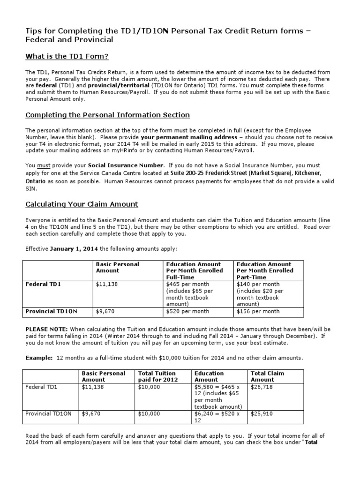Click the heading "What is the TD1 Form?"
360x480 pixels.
pos(67,57)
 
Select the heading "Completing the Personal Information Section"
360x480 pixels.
pos(107,115)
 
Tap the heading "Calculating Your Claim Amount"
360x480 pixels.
pos(82,204)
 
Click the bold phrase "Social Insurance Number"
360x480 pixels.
pos(126,165)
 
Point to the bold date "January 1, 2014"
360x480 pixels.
pos(74,248)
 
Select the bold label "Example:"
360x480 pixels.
pos(39,358)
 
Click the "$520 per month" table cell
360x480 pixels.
pos(187,311)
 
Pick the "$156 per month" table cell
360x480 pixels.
pos(258,311)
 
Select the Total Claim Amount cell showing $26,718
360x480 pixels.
pos(262,387)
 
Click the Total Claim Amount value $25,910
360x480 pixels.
pos(262,414)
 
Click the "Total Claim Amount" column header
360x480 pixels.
pos(267,376)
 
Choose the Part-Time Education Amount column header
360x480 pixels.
pos(264,270)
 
